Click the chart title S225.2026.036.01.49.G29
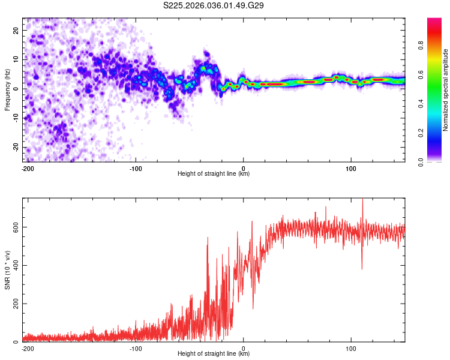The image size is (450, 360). (214, 6)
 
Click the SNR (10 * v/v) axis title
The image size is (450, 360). (8, 270)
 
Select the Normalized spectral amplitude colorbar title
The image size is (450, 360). (446, 90)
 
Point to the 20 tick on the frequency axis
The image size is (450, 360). (16, 30)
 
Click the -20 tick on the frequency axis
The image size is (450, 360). (14, 147)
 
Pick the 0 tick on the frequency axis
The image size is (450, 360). (18, 89)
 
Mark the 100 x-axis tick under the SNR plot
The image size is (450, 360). (351, 349)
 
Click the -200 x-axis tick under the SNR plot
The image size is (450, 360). (28, 349)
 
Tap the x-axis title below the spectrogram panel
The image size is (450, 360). (214, 174)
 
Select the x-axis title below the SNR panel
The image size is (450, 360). (214, 354)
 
